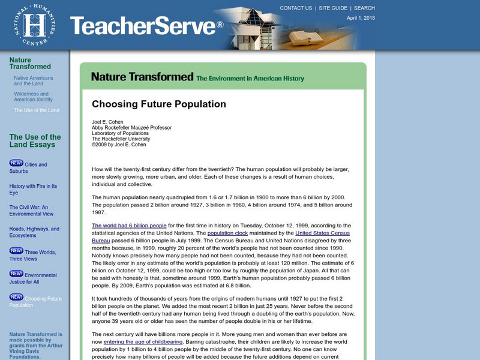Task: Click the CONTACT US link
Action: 296,8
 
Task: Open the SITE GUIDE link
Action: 333,8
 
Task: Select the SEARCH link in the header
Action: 364,8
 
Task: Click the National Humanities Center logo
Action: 29,24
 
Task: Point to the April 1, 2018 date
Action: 361,18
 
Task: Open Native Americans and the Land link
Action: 34,81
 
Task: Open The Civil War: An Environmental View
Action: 31,211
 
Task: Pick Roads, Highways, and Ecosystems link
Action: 34,232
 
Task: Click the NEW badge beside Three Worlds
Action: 16,251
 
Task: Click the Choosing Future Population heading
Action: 159,104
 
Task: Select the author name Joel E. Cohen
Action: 109,122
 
